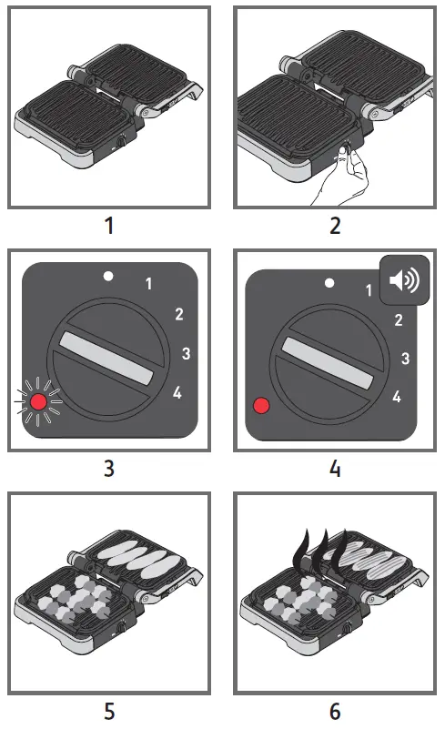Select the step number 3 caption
[109, 469]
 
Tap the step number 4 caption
[335, 469]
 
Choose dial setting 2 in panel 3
[179, 315]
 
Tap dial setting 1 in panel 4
[369, 291]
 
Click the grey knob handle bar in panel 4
[333, 363]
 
